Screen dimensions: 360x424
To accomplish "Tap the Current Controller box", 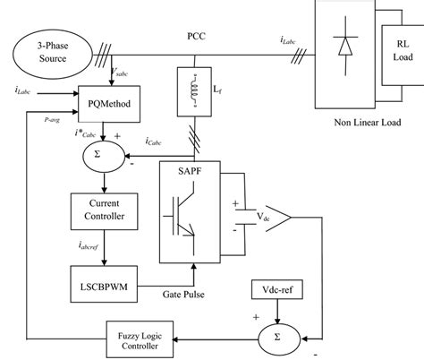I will pyautogui.click(x=100, y=210).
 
